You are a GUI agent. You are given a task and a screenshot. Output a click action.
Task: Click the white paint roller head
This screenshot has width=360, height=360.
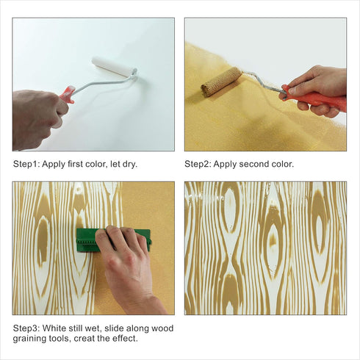coord(115,66)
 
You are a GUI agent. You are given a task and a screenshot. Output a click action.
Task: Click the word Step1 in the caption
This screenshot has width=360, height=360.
coord(26,164)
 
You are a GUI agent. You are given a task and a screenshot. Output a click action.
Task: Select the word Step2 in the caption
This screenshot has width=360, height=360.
coord(198,164)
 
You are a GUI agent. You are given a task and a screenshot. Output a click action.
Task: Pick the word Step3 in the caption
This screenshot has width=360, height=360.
coord(26,328)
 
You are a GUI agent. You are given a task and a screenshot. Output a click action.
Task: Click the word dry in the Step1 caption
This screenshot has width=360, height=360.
coord(129,164)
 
